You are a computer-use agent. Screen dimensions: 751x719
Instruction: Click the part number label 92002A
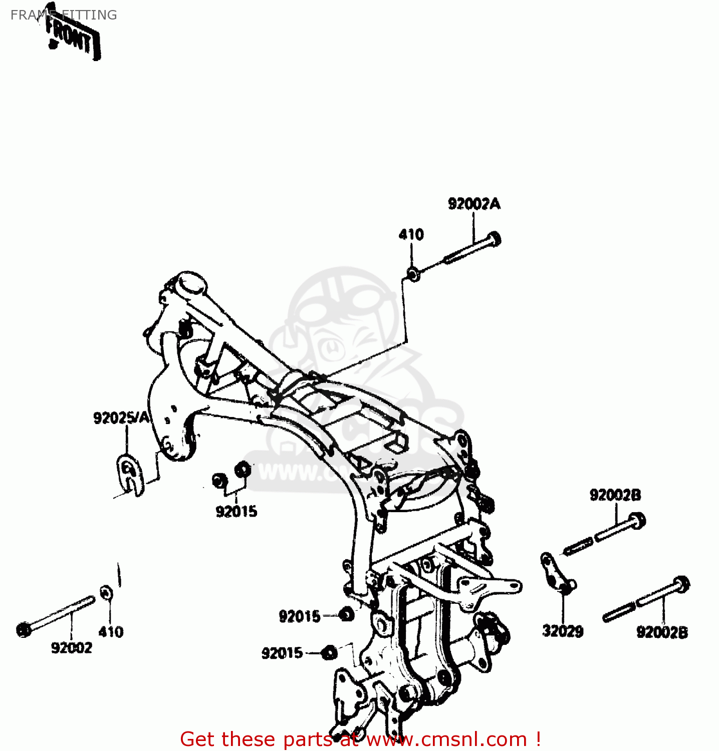(x=473, y=204)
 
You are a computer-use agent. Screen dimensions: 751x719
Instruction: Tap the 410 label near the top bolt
(x=411, y=234)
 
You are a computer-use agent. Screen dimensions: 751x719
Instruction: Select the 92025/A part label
(x=122, y=418)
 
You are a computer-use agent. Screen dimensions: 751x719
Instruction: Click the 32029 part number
(x=563, y=631)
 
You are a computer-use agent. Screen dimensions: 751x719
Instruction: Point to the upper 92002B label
(x=615, y=495)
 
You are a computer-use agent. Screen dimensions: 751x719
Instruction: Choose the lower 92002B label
(x=662, y=632)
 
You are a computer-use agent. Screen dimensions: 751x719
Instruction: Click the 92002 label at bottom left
(x=72, y=648)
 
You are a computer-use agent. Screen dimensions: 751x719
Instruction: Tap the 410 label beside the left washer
(x=111, y=632)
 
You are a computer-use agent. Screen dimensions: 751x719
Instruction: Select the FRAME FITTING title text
(x=63, y=15)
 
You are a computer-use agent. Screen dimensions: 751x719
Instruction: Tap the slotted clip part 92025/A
(x=129, y=474)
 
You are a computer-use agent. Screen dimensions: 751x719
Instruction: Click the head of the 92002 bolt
(x=24, y=629)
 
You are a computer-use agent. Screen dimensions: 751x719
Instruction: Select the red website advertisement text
(x=360, y=739)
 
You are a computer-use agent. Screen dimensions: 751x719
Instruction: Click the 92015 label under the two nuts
(x=236, y=511)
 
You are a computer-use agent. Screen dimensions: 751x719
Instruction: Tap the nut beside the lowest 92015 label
(x=329, y=652)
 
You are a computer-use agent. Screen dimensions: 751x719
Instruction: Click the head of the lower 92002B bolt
(x=681, y=584)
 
